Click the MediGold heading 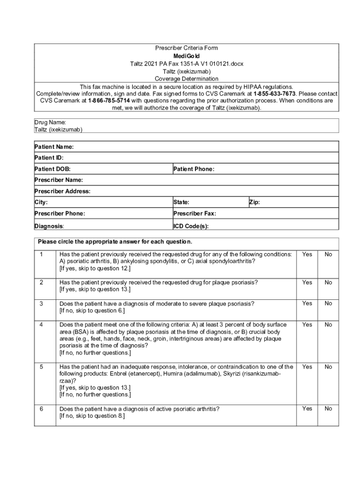186,56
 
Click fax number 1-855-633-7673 274,94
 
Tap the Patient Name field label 54,147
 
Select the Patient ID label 49,158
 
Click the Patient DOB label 52,169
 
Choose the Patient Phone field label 194,169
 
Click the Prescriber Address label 62,191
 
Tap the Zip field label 254,203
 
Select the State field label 181,203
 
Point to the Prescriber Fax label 194,214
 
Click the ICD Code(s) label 191,226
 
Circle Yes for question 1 307,254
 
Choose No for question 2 328,283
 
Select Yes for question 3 307,304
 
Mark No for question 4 328,325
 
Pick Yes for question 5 307,367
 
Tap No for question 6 328,409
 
